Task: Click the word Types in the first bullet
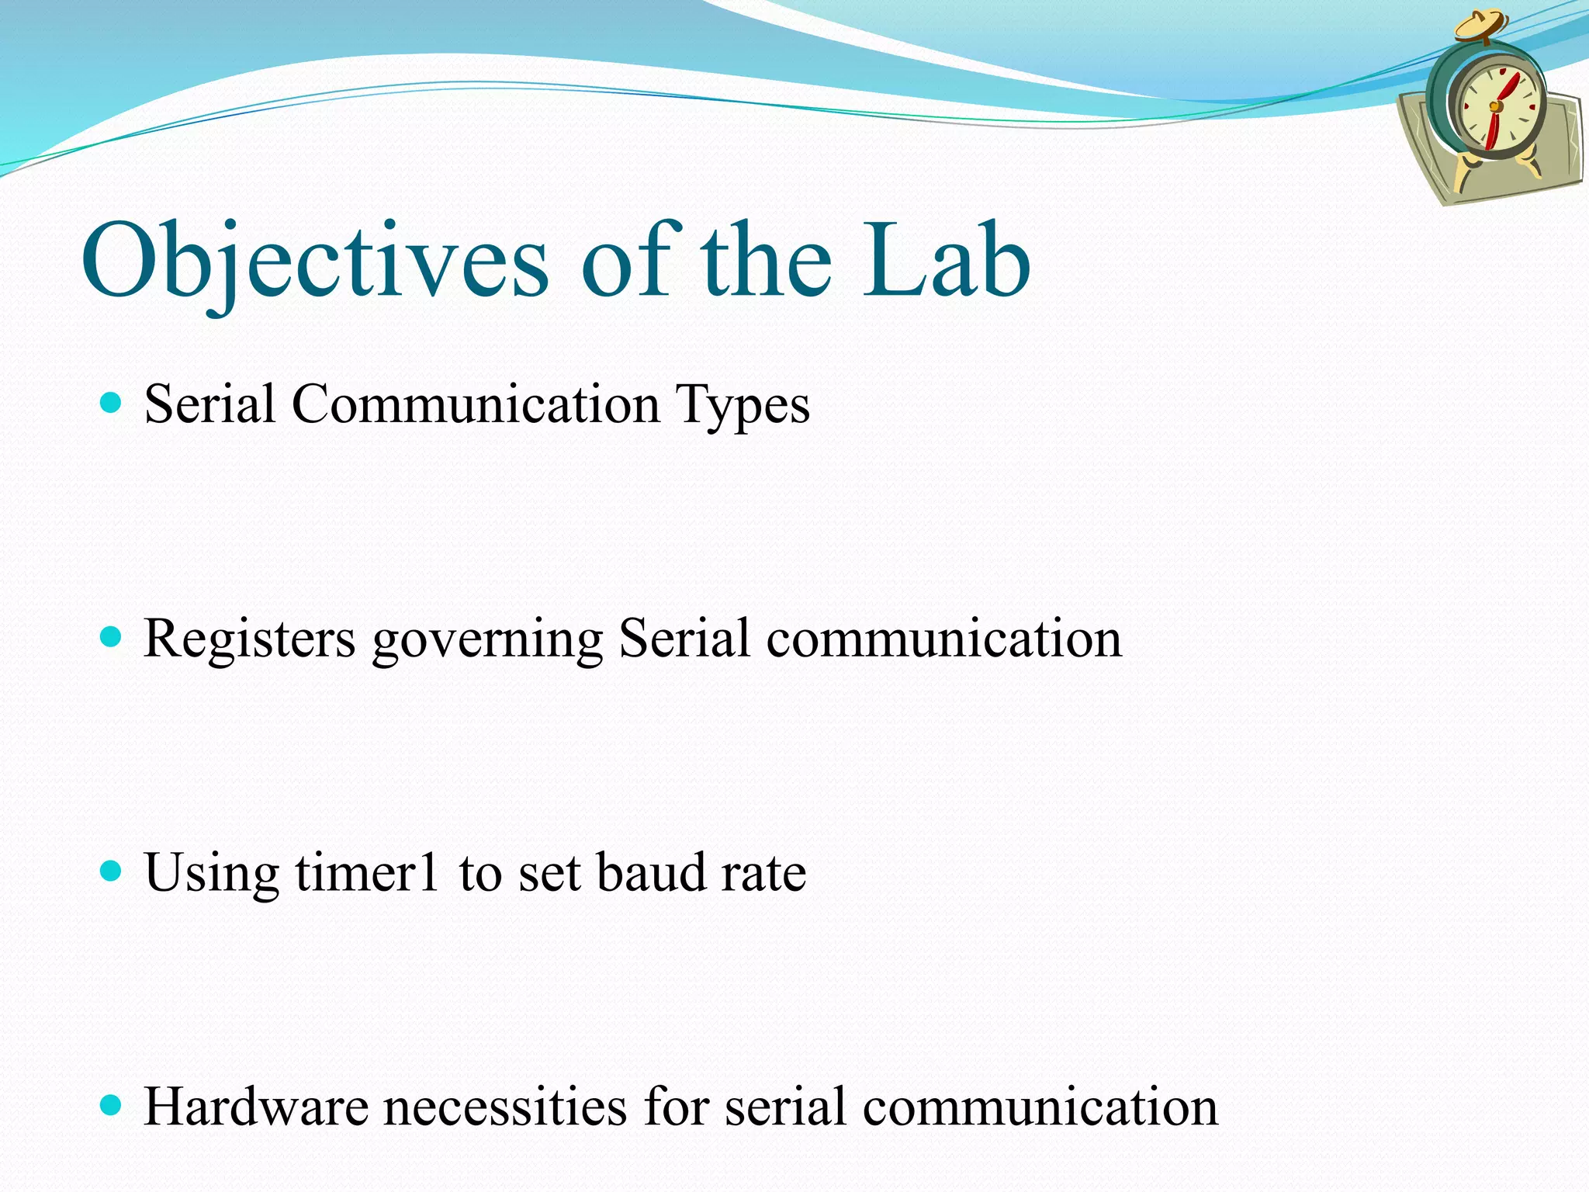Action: pyautogui.click(x=743, y=405)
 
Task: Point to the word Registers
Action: pyautogui.click(x=250, y=639)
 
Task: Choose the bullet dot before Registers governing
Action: pyautogui.click(x=112, y=637)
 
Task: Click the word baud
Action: pyautogui.click(x=650, y=871)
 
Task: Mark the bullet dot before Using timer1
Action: pyautogui.click(x=112, y=871)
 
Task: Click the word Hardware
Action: pyautogui.click(x=256, y=1106)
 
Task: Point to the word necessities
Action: pyautogui.click(x=505, y=1106)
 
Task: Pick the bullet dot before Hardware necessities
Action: pyautogui.click(x=112, y=1105)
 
